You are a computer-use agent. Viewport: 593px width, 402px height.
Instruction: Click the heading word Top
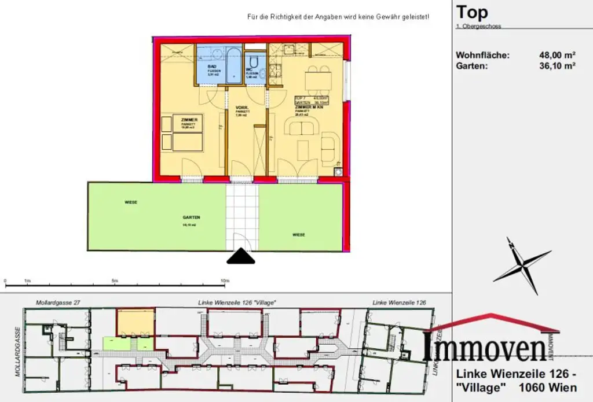click(x=472, y=12)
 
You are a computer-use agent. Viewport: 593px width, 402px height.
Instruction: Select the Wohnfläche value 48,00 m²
click(x=557, y=56)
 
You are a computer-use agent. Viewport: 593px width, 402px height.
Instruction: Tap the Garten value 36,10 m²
click(x=557, y=66)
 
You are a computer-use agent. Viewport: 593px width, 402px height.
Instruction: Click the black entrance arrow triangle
click(x=240, y=257)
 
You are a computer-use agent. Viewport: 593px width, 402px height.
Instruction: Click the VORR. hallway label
click(x=241, y=108)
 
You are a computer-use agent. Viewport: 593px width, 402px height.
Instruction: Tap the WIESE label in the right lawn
click(x=299, y=234)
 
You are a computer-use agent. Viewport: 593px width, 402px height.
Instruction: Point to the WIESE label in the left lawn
click(x=132, y=202)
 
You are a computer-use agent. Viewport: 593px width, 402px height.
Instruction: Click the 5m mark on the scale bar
click(x=115, y=281)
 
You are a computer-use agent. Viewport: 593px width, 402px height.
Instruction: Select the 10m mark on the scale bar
click(x=225, y=281)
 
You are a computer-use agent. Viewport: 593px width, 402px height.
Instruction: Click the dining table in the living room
click(x=318, y=79)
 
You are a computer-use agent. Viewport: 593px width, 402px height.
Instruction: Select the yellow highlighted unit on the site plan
click(x=136, y=321)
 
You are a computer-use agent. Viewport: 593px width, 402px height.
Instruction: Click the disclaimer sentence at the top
click(x=338, y=17)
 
